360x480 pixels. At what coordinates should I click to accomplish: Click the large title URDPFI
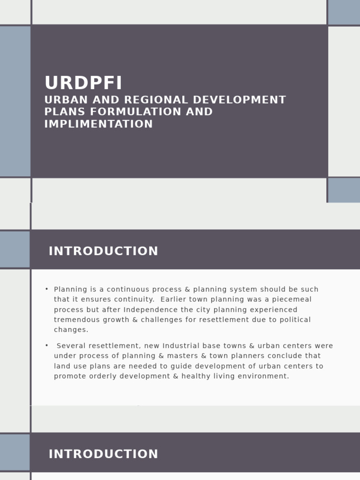coord(83,83)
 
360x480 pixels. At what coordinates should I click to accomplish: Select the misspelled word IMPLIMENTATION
coord(98,124)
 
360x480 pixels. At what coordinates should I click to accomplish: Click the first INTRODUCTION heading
coord(103,251)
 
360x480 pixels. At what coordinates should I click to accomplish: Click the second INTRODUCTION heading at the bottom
coord(103,454)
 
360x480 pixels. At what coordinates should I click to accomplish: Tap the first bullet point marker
coord(47,289)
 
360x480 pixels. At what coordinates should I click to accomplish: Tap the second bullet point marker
coord(47,345)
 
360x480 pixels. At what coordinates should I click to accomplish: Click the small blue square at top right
coord(344,12)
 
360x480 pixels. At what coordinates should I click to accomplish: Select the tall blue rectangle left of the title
coord(15,101)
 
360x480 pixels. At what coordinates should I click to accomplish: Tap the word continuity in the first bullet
coord(132,300)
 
